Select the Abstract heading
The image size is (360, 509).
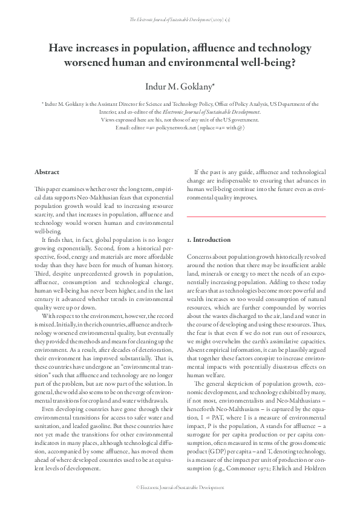coord(47,172)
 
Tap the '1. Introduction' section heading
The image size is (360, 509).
coord(209,240)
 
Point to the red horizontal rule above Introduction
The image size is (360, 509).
coord(256,216)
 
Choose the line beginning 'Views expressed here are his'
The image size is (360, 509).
coord(180,120)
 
